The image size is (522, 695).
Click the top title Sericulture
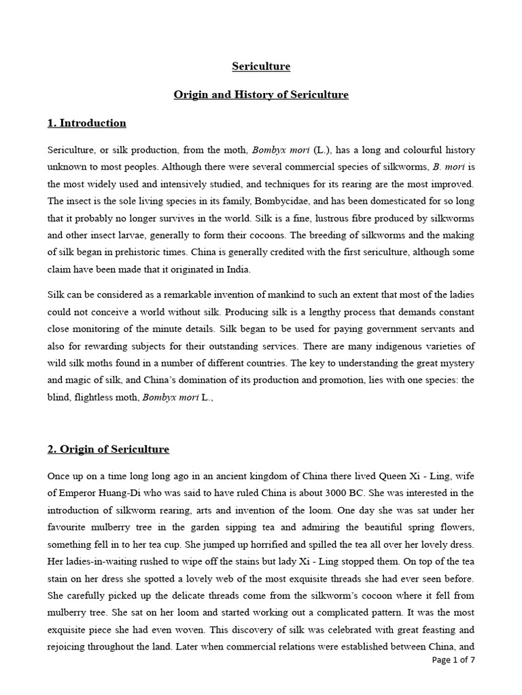pyautogui.click(x=261, y=67)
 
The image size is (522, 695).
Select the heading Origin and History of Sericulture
pyautogui.click(x=261, y=94)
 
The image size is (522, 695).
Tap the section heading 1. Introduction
pyautogui.click(x=86, y=123)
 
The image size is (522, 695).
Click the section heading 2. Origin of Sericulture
pyautogui.click(x=108, y=449)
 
